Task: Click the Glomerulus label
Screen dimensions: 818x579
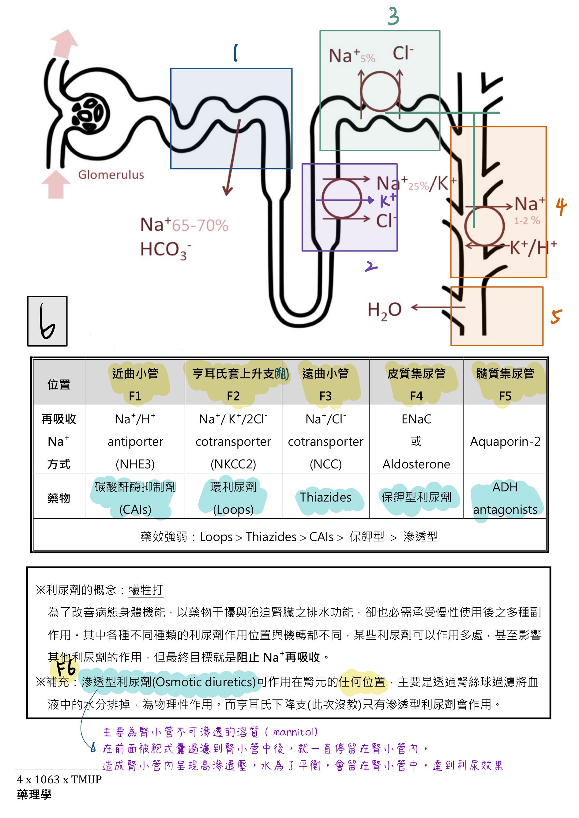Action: [111, 175]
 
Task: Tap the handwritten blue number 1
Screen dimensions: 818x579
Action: [235, 53]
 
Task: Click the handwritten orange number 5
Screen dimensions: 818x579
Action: [556, 316]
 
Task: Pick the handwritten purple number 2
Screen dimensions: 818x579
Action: [371, 266]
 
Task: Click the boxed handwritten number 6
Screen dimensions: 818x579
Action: [47, 321]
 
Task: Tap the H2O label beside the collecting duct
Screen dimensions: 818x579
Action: [384, 310]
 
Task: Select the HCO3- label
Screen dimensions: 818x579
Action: [165, 250]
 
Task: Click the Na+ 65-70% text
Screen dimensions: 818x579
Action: [184, 225]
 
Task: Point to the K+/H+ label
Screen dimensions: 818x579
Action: [533, 247]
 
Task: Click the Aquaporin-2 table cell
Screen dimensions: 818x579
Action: [505, 442]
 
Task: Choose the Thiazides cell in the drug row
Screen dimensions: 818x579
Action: [325, 497]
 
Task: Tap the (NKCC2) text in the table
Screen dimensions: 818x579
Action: [233, 464]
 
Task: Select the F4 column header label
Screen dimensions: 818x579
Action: [416, 396]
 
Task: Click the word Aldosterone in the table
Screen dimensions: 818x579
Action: [416, 464]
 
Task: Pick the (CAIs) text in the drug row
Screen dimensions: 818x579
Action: [135, 509]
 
